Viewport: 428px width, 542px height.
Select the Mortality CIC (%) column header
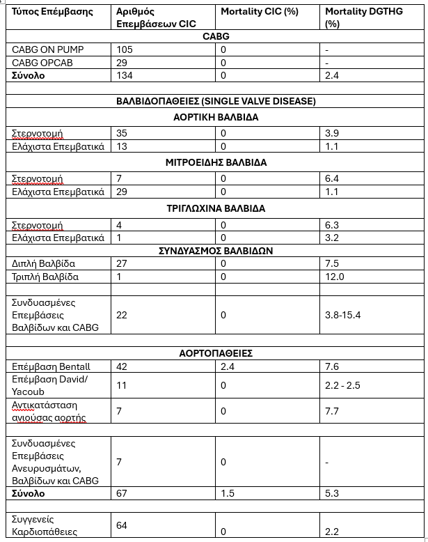click(x=260, y=13)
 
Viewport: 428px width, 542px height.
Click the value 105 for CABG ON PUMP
click(x=125, y=50)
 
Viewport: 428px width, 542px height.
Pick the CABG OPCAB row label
click(x=42, y=63)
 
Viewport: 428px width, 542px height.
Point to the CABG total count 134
click(x=125, y=75)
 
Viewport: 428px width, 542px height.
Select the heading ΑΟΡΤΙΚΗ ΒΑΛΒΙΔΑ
click(x=216, y=117)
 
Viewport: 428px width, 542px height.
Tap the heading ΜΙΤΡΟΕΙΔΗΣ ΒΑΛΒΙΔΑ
click(x=216, y=162)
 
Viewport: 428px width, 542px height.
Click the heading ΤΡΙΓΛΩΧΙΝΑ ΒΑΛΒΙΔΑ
click(x=216, y=208)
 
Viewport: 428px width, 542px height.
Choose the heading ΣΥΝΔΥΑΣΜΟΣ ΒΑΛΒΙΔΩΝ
click(x=216, y=251)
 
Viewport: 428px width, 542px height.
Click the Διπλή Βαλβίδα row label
click(x=44, y=264)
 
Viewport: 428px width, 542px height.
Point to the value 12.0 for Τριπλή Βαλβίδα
click(x=335, y=277)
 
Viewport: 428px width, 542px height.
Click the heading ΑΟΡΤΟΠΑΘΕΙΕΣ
click(x=216, y=353)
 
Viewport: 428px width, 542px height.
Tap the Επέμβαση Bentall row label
click(x=51, y=366)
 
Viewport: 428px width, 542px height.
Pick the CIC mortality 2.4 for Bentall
click(x=228, y=366)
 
